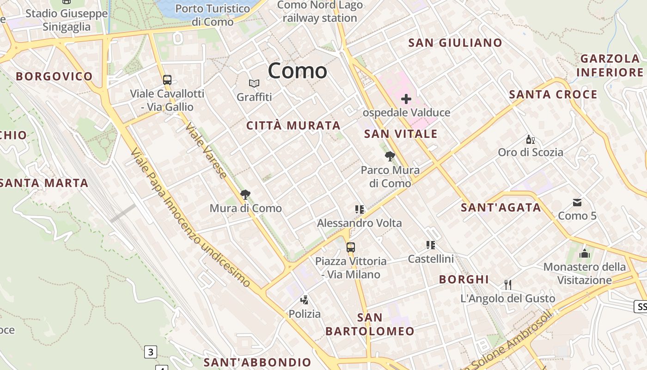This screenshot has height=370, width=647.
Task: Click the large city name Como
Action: (x=297, y=71)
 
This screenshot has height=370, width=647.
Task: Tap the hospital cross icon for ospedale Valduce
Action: (x=406, y=99)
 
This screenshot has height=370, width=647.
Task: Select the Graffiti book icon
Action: (x=254, y=84)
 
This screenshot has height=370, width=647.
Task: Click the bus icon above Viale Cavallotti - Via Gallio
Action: (x=167, y=80)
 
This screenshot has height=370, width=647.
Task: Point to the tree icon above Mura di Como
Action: (x=245, y=195)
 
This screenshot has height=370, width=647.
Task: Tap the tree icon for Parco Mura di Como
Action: (x=390, y=156)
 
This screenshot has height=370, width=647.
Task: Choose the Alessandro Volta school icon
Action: (x=360, y=210)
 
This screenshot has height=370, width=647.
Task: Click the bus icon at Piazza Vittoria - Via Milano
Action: (x=351, y=247)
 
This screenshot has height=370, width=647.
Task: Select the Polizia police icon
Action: (x=304, y=300)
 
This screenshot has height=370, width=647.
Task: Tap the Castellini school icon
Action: (x=431, y=245)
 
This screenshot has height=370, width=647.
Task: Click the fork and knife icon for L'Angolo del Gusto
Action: (x=508, y=284)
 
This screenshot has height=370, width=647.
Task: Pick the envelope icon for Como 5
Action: (x=577, y=202)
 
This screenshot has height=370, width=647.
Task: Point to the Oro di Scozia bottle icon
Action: (x=530, y=139)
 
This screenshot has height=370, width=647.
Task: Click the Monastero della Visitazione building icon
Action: (x=585, y=253)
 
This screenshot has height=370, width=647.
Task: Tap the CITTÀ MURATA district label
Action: (x=293, y=125)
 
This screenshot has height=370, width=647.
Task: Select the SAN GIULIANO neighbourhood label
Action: (x=455, y=43)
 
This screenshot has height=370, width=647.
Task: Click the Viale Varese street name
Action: (x=207, y=151)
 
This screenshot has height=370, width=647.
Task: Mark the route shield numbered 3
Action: (x=150, y=352)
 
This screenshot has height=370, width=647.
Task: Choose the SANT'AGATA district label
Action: (x=501, y=208)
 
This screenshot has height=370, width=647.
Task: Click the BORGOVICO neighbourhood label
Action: (x=55, y=76)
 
